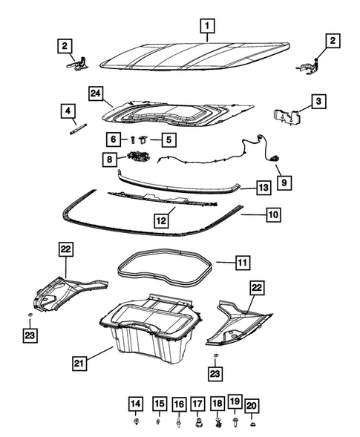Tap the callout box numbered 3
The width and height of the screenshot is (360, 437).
317,102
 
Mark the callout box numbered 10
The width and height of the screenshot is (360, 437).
272,214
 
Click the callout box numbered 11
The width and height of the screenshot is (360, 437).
243,262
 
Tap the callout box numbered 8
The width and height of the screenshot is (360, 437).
110,158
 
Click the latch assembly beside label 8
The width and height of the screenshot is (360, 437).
138,157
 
